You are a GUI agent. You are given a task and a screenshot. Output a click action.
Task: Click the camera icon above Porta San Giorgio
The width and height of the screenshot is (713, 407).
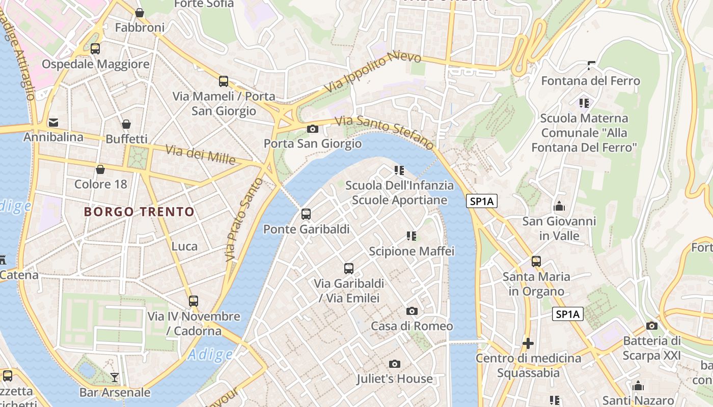pos(313,129)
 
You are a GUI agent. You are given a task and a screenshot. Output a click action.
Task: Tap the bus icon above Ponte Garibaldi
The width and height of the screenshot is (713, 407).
pos(306,214)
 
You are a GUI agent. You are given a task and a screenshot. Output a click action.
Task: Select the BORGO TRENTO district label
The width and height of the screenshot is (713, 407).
pos(139,212)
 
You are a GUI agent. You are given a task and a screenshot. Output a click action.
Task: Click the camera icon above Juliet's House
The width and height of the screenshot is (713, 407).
pos(394,364)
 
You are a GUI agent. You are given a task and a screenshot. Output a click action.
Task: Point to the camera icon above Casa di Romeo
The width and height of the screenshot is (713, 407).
pos(412,311)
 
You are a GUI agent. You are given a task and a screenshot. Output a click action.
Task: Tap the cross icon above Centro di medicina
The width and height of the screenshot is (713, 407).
pos(528,343)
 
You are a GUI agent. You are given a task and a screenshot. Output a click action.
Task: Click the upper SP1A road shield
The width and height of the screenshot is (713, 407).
pos(482,201)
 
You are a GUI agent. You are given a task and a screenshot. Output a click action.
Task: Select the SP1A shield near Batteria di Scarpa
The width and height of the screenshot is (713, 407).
pos(568,314)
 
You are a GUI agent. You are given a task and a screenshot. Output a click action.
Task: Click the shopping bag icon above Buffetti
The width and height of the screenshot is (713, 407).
pos(126,124)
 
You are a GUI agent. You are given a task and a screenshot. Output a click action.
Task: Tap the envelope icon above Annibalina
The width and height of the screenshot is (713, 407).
pos(53,122)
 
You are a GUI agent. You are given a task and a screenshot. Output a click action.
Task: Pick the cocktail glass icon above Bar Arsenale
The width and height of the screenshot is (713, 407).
pos(115,377)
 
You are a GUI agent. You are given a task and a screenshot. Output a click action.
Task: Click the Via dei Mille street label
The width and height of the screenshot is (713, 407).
pos(201,155)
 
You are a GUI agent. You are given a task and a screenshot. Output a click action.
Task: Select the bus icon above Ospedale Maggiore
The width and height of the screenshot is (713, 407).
pos(95,49)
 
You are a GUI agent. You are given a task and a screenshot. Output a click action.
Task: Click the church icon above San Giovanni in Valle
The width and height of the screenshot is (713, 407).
pos(559,207)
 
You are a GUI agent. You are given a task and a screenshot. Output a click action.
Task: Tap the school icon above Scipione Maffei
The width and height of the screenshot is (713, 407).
pos(412,236)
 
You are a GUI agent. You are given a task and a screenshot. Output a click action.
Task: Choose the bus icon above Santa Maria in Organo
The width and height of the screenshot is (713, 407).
pos(536,261)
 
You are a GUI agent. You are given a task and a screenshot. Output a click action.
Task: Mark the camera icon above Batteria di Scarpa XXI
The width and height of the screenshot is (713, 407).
pos(651,326)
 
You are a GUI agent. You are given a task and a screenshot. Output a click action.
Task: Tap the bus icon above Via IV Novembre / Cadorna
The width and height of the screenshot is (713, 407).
pos(194,301)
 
